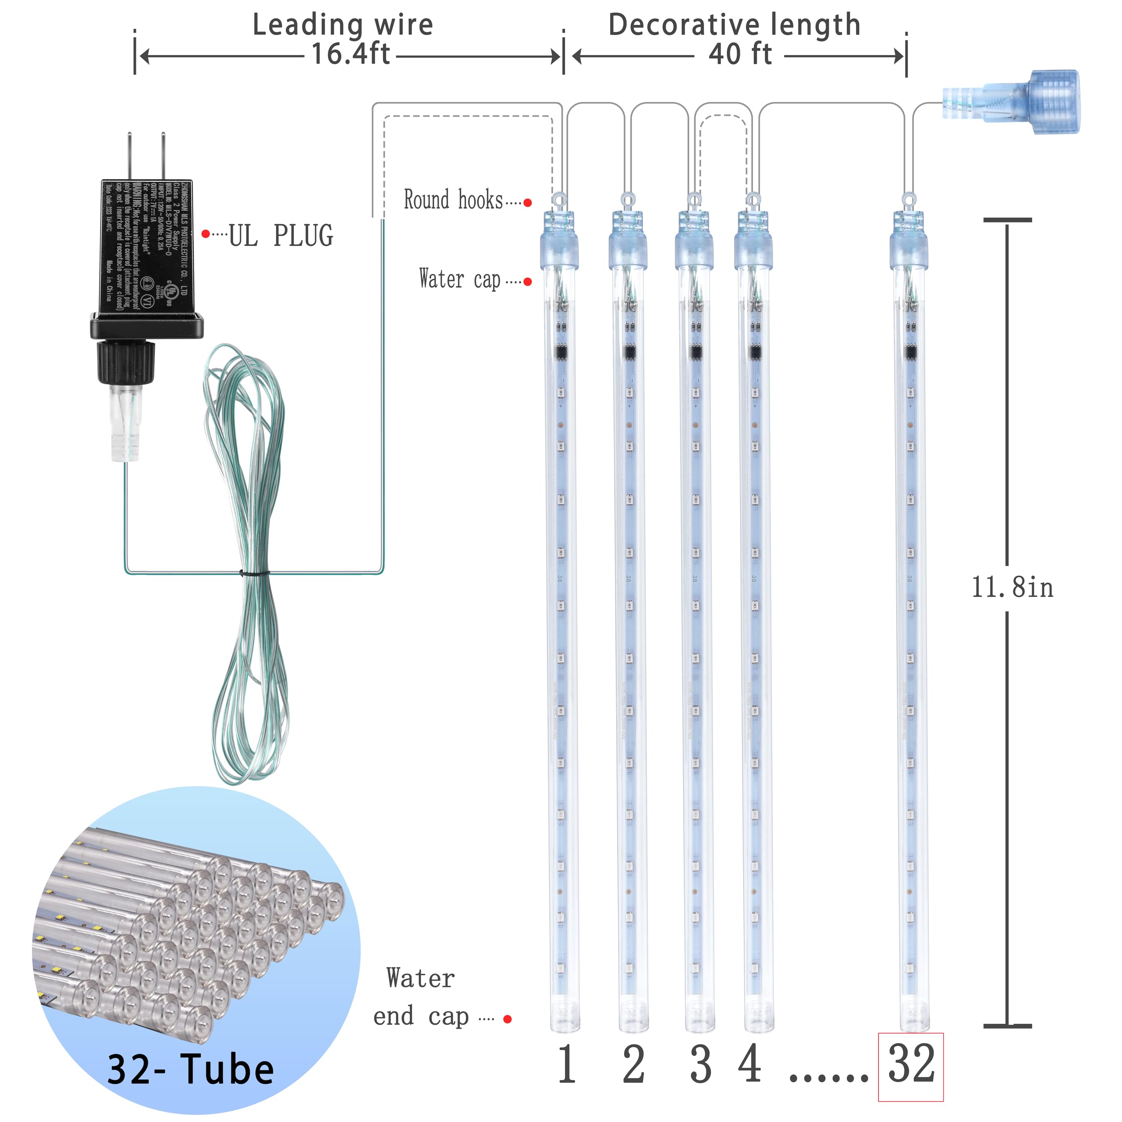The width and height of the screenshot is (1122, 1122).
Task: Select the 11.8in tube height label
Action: pos(1012,588)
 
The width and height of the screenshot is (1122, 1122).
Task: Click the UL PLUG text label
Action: pos(280,236)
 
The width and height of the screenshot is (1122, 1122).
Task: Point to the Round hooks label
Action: pos(453,200)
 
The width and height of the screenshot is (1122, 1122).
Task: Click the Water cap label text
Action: pos(459,279)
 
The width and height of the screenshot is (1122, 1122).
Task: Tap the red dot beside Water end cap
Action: pos(508,1019)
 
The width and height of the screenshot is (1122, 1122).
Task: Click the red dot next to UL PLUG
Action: pos(205,234)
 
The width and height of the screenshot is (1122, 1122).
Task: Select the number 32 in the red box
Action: pos(911,1065)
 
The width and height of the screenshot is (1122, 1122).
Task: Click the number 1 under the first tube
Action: pos(567,1065)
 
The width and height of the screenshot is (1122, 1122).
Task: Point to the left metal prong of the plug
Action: pos(129,157)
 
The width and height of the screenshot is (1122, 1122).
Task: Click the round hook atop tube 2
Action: pos(627,201)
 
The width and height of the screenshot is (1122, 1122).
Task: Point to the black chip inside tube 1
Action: pos(561,351)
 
